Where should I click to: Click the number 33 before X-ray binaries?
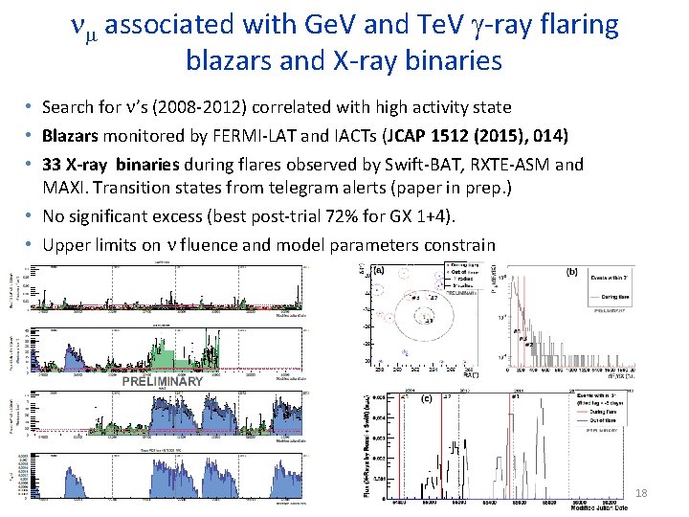coord(52,164)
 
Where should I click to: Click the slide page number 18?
coord(640,493)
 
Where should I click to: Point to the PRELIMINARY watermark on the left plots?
coord(163,381)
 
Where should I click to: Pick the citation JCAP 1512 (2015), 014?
coord(487,135)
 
